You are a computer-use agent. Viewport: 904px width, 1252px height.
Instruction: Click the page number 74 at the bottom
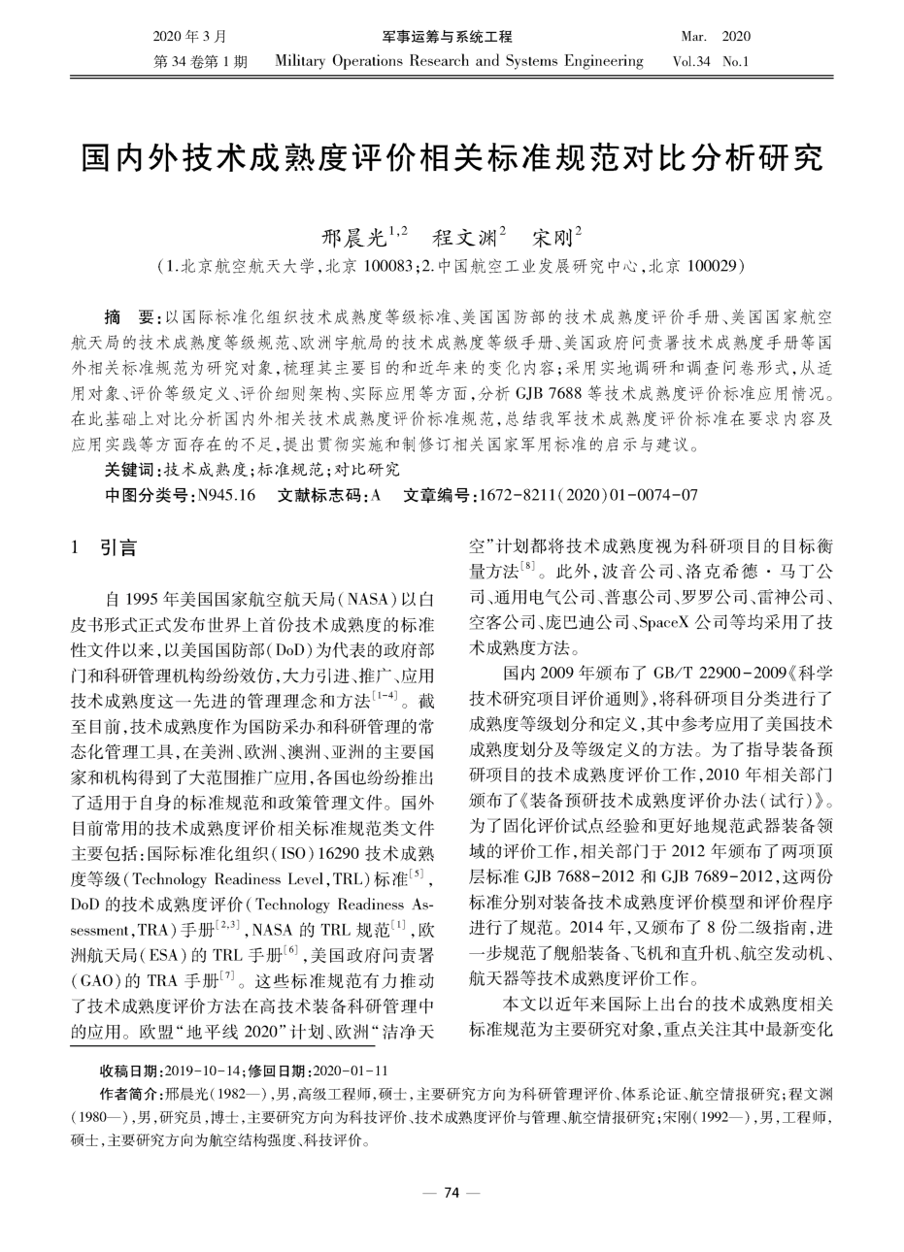tap(451, 1193)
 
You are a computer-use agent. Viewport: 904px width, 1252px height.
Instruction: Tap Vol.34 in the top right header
tap(691, 61)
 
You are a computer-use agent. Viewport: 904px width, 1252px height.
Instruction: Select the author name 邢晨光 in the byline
tap(352, 236)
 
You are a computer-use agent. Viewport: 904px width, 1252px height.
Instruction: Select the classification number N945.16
tap(226, 495)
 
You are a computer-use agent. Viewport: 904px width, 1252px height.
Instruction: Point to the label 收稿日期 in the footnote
tap(132, 1071)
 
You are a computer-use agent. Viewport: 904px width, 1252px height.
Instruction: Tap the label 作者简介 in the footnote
tap(132, 1094)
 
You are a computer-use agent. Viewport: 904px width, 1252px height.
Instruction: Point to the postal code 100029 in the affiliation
tap(715, 264)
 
